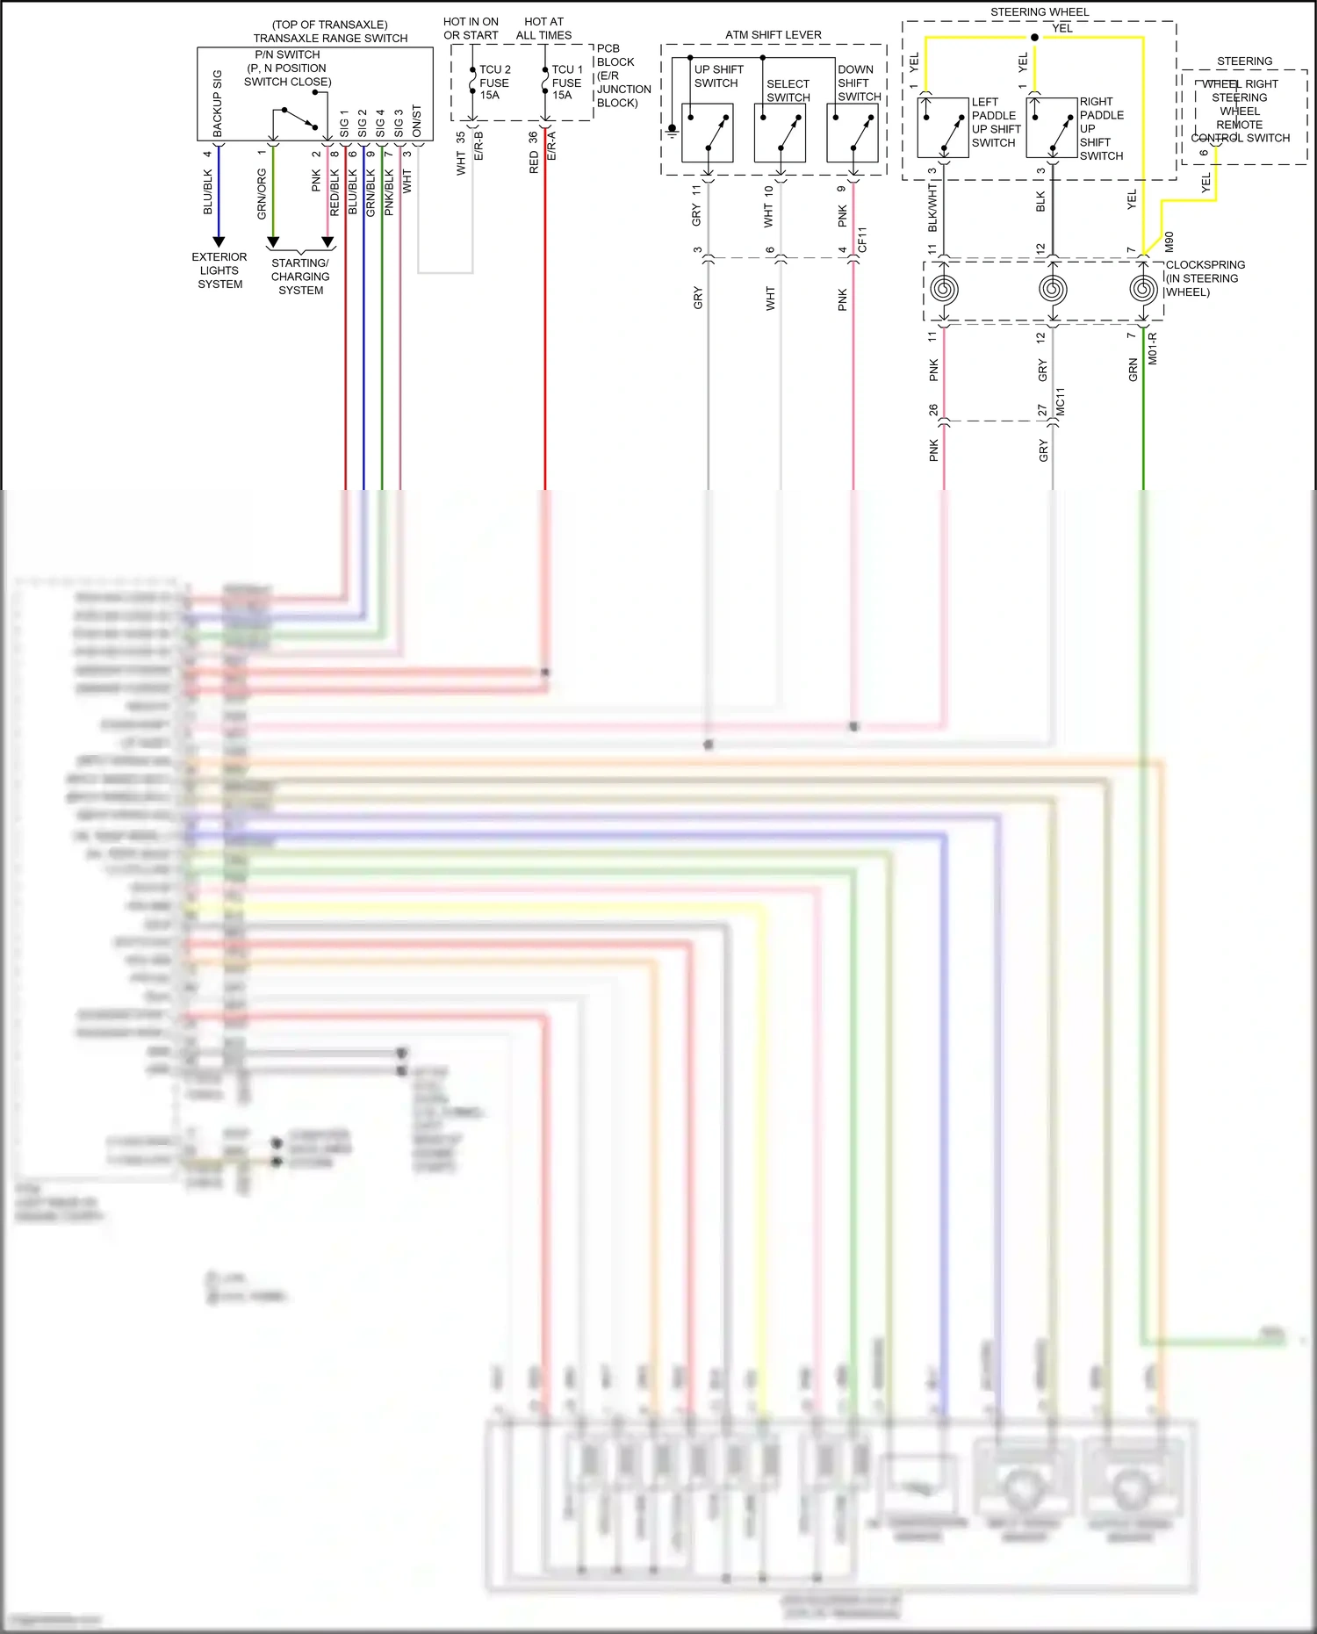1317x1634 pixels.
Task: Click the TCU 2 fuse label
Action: (493, 83)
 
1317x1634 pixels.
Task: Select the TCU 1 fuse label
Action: (566, 83)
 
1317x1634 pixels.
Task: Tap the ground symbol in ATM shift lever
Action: (672, 130)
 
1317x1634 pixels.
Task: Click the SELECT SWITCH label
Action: (788, 90)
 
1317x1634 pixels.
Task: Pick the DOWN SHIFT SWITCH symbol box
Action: (852, 133)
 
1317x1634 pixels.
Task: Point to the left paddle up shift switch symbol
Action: (942, 127)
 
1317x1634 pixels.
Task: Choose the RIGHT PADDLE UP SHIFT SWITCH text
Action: (1101, 128)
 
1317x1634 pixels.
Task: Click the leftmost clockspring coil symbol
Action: (944, 288)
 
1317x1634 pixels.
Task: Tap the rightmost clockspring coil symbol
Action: (1142, 288)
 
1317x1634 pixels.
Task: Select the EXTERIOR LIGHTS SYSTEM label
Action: (219, 270)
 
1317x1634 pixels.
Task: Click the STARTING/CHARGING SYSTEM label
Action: (300, 277)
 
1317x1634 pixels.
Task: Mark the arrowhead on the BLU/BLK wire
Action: (219, 241)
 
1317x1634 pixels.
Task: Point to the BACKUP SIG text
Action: (218, 104)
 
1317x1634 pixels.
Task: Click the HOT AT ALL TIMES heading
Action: (543, 28)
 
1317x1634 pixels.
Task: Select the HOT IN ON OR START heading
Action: (471, 28)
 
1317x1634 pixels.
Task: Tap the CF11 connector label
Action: (862, 240)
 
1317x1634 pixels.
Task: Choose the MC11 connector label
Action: (1060, 401)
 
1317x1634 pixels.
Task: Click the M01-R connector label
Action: (1153, 349)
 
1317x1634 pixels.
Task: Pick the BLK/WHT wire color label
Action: (932, 207)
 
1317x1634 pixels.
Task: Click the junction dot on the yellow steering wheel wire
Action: (1034, 38)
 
